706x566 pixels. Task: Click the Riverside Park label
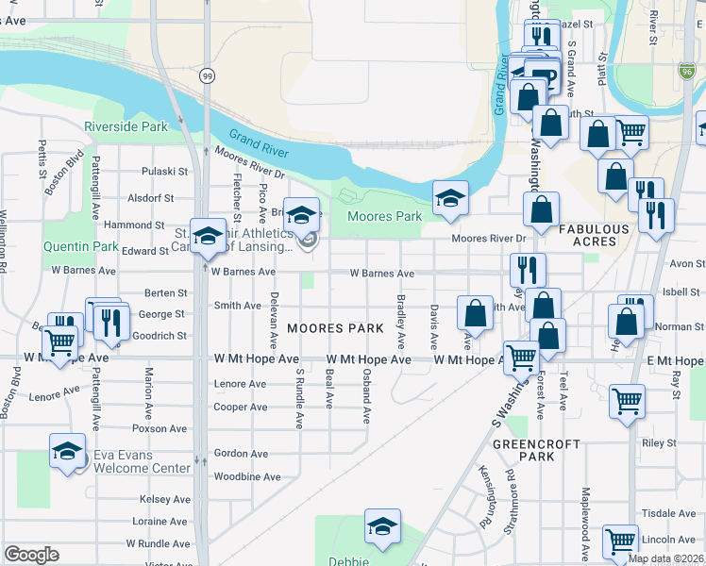[x=126, y=126]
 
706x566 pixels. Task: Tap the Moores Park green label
[x=384, y=217]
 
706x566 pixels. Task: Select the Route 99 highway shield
[x=205, y=75]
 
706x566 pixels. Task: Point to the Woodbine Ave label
[x=246, y=477]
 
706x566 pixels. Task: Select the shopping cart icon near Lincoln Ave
[x=620, y=541]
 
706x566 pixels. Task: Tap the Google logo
[x=31, y=555]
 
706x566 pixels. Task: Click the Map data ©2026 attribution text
[x=665, y=558]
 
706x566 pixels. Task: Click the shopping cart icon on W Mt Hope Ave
[x=520, y=357]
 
